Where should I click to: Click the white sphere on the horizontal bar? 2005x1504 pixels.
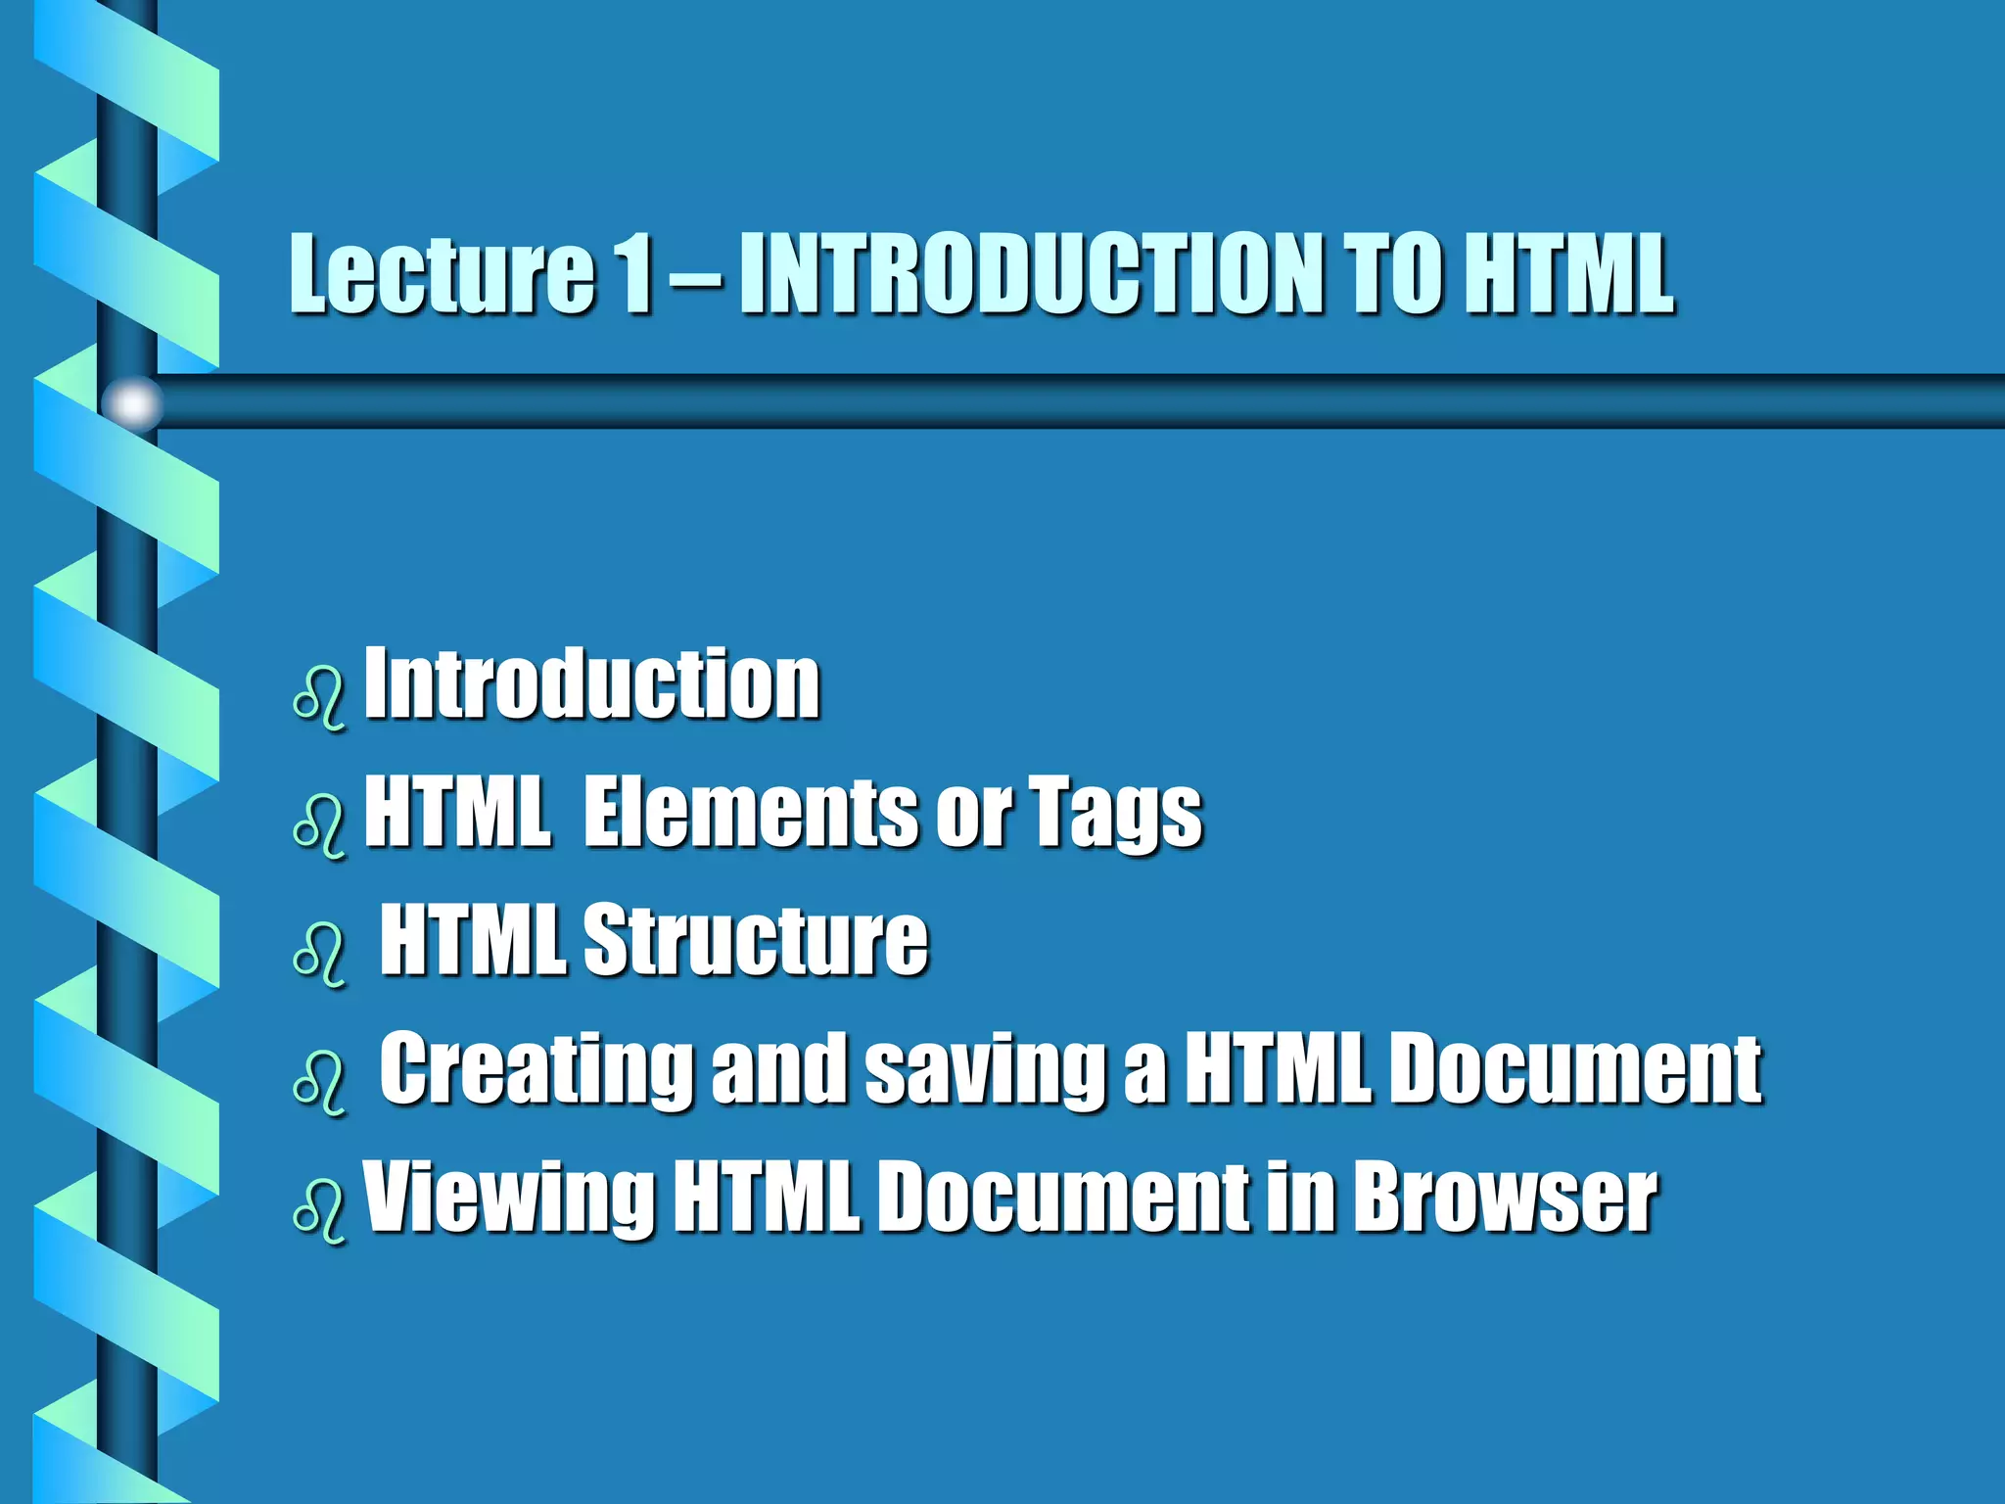click(132, 402)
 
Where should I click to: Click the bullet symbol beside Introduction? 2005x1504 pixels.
click(319, 697)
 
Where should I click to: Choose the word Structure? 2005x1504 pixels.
click(755, 939)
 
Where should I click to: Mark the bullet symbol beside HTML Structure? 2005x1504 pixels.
click(319, 954)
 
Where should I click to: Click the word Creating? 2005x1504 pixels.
click(536, 1069)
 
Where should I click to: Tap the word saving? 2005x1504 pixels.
click(985, 1069)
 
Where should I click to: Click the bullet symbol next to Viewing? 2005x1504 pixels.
click(319, 1211)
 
